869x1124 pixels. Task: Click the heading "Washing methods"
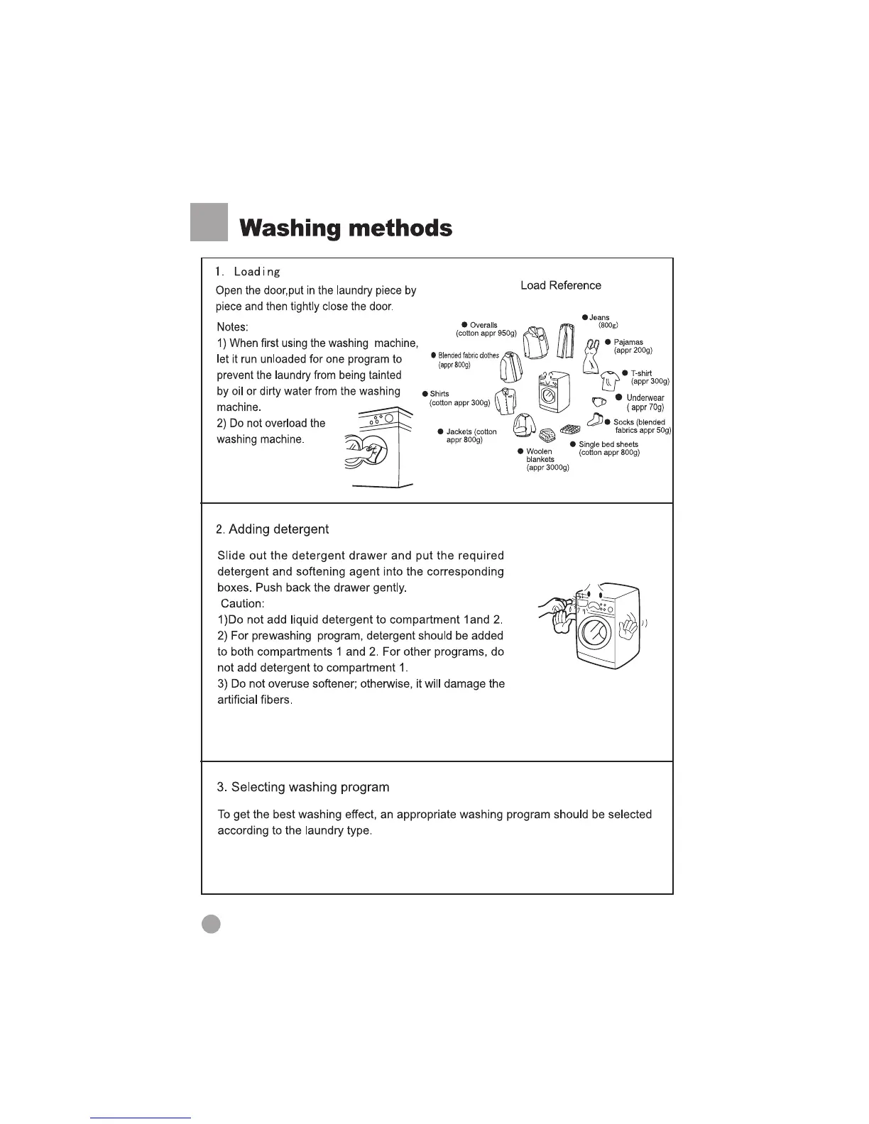point(346,228)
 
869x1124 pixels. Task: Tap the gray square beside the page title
point(209,222)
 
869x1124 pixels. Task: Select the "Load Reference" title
point(560,285)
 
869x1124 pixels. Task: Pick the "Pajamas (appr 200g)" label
point(631,346)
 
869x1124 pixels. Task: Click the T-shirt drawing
point(610,381)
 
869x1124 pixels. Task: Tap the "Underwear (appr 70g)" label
point(644,402)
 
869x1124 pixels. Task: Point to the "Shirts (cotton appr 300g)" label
point(459,398)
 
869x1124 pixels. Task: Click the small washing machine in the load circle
point(550,391)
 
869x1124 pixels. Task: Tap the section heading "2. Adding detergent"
point(273,529)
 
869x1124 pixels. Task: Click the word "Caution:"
point(243,604)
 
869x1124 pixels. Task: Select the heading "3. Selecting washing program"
point(303,787)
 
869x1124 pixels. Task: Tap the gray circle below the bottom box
point(211,923)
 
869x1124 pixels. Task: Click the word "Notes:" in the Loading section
point(232,327)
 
